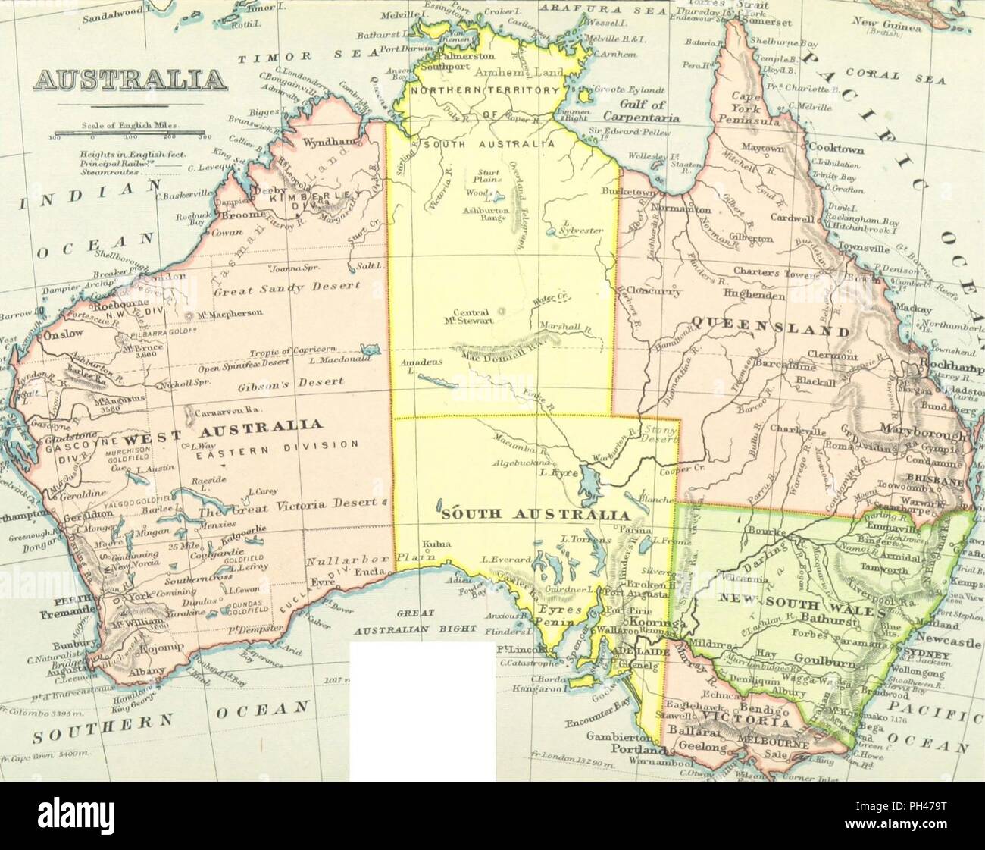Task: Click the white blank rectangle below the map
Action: [x=422, y=710]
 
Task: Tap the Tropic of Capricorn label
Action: [x=292, y=353]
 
